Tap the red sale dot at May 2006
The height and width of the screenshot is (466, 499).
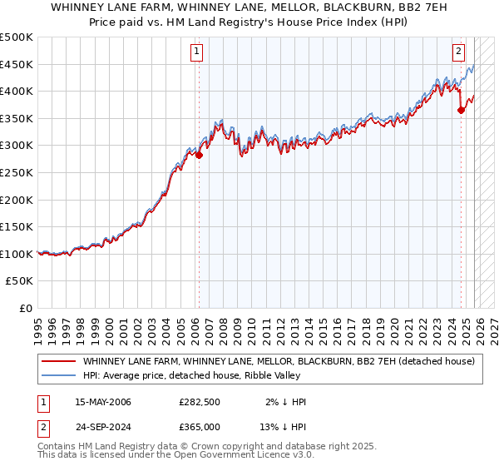(x=199, y=155)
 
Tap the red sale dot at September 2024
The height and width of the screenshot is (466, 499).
(x=461, y=110)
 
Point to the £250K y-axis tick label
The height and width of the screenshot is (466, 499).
(x=17, y=172)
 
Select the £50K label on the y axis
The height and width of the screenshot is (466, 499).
(x=20, y=281)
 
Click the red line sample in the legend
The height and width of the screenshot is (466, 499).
(x=59, y=361)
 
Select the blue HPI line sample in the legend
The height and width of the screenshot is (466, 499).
(x=59, y=375)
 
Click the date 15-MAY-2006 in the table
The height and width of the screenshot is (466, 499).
(x=103, y=402)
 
